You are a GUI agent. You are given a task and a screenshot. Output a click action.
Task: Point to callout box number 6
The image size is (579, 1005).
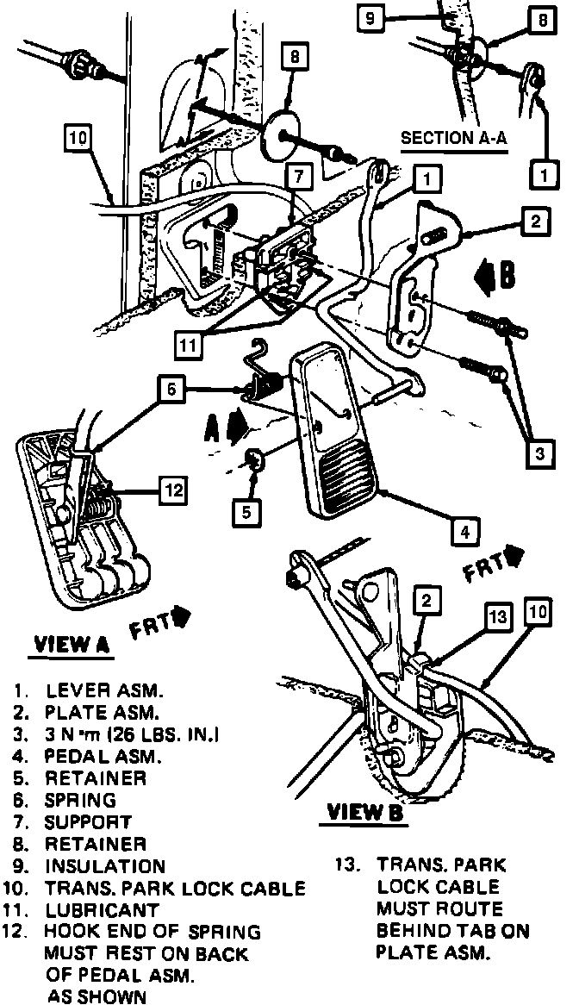(171, 390)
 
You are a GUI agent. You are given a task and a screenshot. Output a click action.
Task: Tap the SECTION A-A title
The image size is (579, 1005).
(453, 138)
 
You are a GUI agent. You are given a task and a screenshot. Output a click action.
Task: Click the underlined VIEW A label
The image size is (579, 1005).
(73, 645)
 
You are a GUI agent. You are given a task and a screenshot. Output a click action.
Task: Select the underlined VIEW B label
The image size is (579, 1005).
(365, 811)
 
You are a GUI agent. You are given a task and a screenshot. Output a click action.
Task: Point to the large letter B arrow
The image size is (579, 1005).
(497, 275)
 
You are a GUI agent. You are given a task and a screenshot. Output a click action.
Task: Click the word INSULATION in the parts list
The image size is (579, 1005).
(104, 866)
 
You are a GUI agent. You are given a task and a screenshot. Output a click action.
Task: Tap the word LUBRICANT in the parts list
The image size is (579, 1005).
(103, 910)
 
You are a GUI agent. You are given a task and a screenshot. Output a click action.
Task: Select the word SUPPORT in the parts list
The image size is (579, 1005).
(89, 822)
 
